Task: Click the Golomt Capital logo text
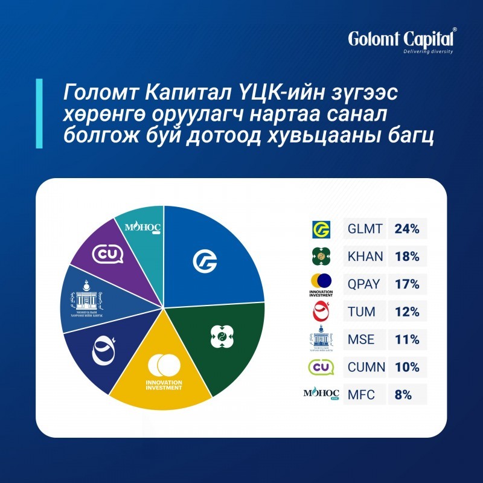pos(401,39)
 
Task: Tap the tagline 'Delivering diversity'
pos(428,52)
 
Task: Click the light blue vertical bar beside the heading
pos(39,113)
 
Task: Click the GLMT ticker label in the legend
pos(365,229)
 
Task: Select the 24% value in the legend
pos(407,229)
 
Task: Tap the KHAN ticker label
pos(365,257)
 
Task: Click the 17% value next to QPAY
pos(407,284)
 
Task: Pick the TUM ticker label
pos(362,312)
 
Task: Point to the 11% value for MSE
pos(407,339)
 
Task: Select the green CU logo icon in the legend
pos(320,367)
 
